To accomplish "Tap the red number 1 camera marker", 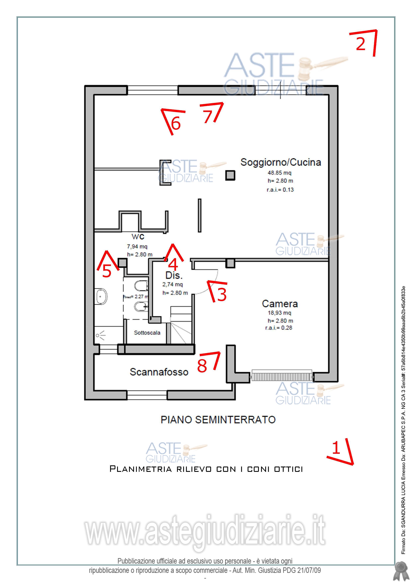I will [336, 448].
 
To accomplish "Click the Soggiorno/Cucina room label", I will [281, 162].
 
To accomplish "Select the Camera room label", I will [280, 304].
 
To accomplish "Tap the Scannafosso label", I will [159, 372].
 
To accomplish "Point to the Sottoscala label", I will [147, 333].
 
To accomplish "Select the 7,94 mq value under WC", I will [137, 246].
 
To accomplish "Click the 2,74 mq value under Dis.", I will [173, 284].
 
